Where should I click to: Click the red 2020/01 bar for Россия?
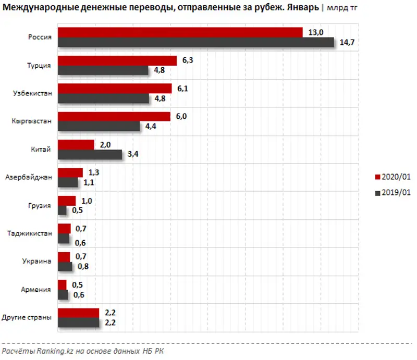[180, 32]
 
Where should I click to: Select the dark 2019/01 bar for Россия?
[195, 42]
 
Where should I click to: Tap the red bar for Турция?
[117, 60]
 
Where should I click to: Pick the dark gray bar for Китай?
[90, 154]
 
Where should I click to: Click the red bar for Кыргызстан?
[114, 117]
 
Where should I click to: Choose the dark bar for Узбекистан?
[103, 98]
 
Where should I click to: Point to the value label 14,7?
[347, 43]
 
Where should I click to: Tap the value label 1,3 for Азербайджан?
[94, 172]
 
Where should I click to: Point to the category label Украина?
[36, 262]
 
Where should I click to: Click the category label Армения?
[37, 290]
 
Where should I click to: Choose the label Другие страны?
[27, 318]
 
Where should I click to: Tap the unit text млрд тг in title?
[342, 8]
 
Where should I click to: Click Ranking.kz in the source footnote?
[54, 352]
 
